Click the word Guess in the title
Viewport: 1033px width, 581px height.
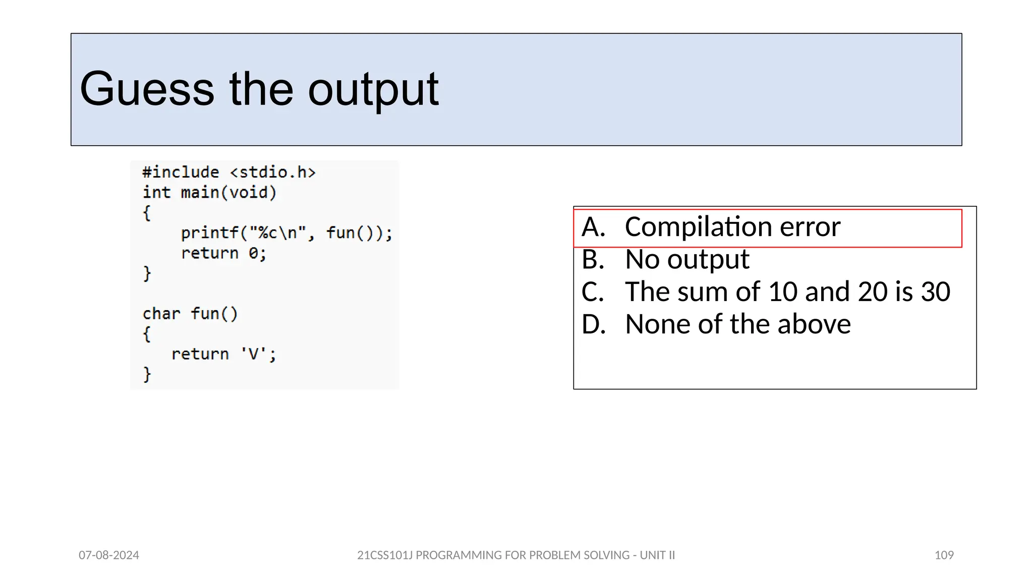[147, 89]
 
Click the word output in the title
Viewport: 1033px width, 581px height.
[373, 89]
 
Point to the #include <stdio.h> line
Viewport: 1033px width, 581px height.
[228, 172]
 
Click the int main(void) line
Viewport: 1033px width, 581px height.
[209, 193]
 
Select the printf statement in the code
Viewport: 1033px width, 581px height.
[286, 233]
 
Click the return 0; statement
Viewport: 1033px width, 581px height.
[223, 253]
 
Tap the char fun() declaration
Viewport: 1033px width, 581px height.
[190, 314]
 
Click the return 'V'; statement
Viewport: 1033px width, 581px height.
[223, 354]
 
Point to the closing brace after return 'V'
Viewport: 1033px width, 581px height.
[147, 374]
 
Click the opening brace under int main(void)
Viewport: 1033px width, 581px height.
[147, 213]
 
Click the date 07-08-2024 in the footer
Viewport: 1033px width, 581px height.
[109, 555]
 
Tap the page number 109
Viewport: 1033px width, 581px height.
[944, 555]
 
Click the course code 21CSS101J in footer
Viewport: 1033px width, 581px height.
[385, 555]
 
